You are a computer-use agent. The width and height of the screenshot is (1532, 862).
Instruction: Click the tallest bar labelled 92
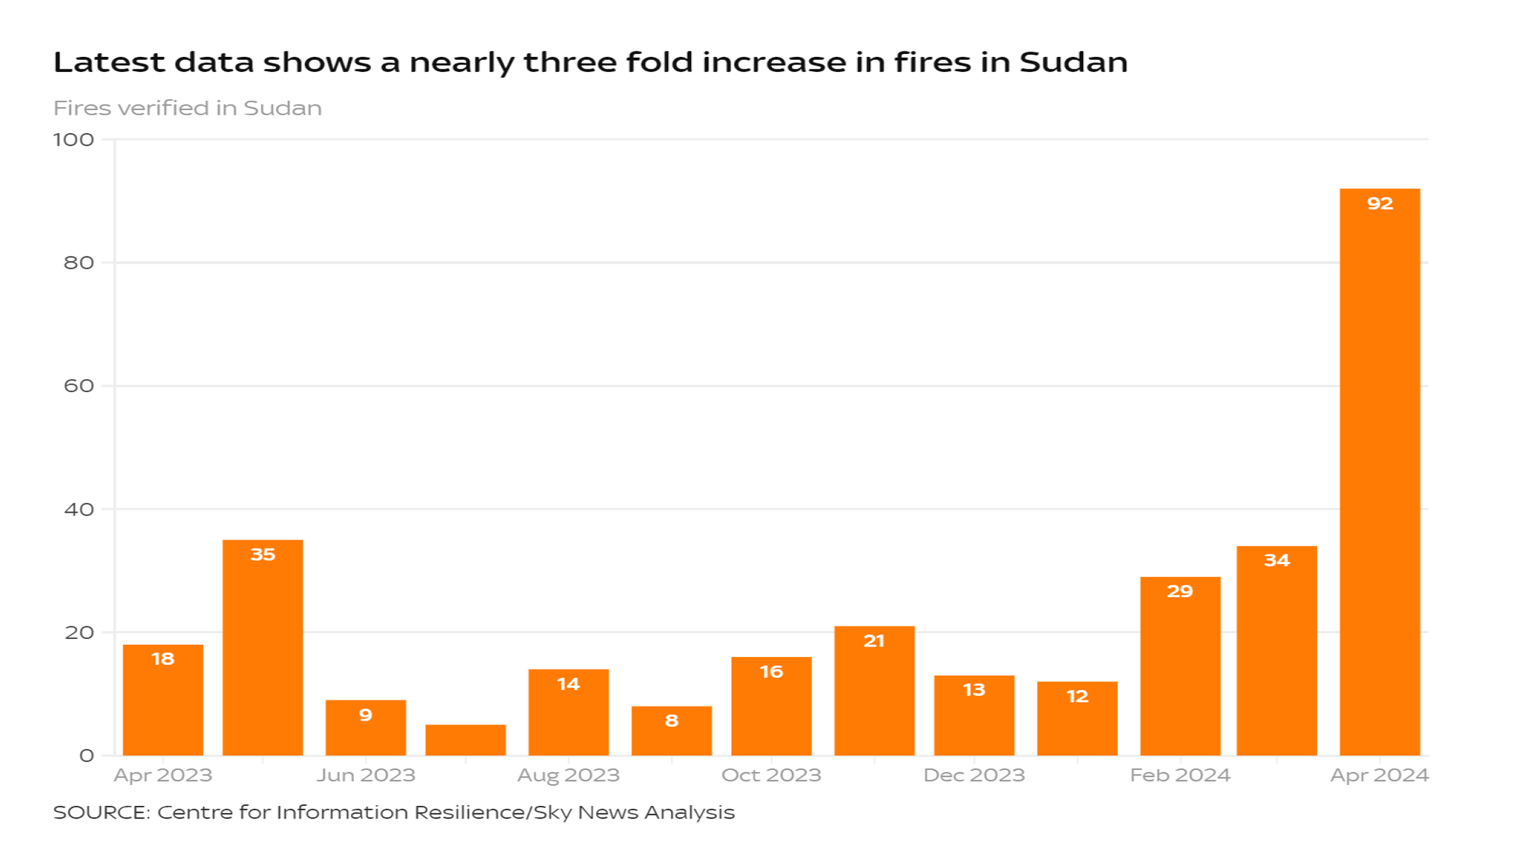[1379, 471]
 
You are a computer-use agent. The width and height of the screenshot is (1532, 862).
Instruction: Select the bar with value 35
[263, 647]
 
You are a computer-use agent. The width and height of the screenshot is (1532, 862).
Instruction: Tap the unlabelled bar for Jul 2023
[465, 740]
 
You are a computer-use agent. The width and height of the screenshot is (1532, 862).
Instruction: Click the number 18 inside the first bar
[162, 658]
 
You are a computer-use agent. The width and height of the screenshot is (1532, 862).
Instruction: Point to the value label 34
[1276, 560]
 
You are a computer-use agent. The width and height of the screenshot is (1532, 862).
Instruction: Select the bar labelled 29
[1180, 666]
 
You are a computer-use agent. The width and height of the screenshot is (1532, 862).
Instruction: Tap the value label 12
[1076, 697]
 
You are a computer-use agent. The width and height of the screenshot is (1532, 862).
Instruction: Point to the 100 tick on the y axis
[73, 140]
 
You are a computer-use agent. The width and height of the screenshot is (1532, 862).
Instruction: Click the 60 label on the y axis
[79, 386]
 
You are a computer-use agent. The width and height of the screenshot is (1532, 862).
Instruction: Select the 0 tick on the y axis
[87, 756]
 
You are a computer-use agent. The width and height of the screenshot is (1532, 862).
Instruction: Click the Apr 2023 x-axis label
[162, 775]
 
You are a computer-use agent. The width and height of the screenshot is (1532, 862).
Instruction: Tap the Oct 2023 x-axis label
[770, 775]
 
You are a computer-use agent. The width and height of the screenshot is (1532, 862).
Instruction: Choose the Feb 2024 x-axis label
[1180, 775]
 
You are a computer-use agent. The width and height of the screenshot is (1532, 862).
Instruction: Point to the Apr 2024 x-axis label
[1379, 775]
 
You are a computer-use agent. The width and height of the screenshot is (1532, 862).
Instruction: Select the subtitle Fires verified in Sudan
[187, 108]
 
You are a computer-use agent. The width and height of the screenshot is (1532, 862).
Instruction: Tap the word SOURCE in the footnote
[101, 813]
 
